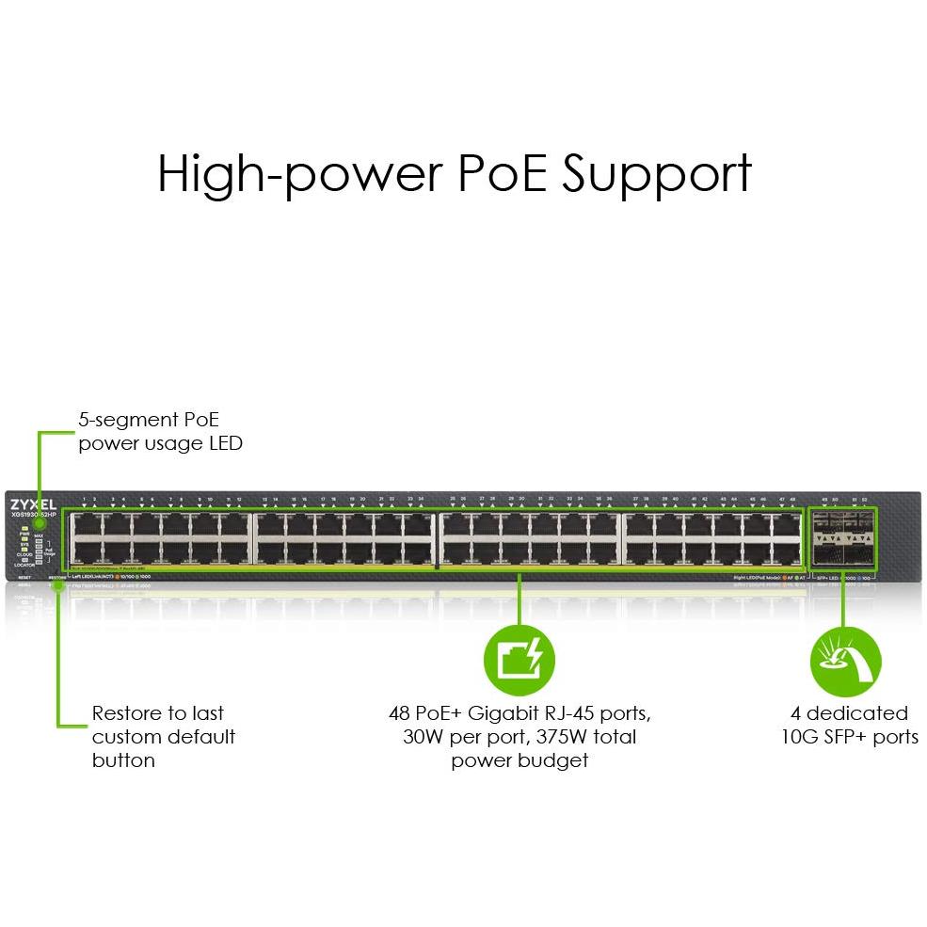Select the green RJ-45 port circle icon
(x=519, y=657)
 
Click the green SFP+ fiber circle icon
(x=844, y=657)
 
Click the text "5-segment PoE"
(x=148, y=419)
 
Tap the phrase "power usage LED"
(x=160, y=442)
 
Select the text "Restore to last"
(x=157, y=712)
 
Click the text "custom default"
(x=163, y=736)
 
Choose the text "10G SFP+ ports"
(x=849, y=736)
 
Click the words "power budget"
(x=519, y=759)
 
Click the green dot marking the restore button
(x=58, y=584)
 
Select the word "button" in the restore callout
(x=123, y=759)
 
